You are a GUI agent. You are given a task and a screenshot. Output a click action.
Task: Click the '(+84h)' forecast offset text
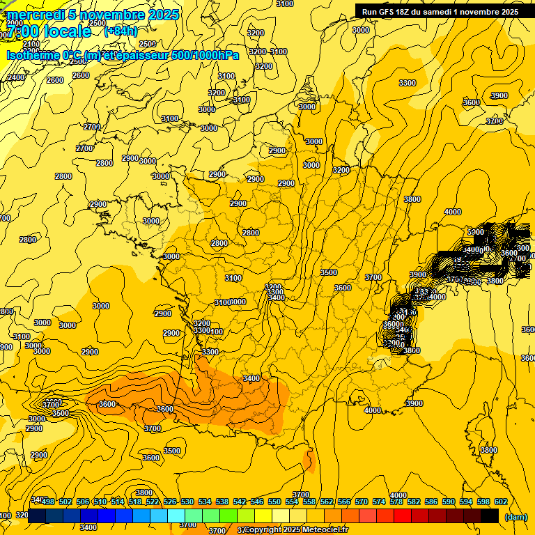tap(121, 31)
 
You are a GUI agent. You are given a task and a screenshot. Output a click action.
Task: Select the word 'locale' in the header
tap(65, 31)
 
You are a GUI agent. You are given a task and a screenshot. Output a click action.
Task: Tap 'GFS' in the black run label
tap(386, 12)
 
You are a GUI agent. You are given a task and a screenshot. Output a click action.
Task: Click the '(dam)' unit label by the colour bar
tap(515, 516)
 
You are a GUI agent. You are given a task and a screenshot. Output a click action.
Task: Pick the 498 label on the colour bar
tap(48, 502)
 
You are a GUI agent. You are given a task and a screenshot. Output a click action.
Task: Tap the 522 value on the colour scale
tap(153, 502)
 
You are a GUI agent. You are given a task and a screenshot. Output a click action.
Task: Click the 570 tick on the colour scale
tap(361, 502)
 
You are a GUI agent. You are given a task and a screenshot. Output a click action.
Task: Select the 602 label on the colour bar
tap(500, 502)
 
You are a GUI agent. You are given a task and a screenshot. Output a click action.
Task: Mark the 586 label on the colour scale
tap(431, 502)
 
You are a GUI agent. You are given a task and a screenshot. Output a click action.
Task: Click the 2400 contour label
tap(15, 77)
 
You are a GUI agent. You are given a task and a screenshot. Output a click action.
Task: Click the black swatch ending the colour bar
tap(490, 516)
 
